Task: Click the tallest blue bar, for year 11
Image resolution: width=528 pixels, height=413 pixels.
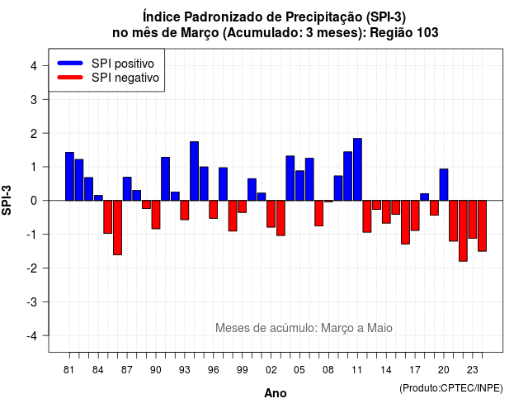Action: pos(357,169)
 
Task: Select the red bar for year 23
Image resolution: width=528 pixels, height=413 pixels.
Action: pos(473,220)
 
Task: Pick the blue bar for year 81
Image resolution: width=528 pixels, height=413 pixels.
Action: pos(69,176)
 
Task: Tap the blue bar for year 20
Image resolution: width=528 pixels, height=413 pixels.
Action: pos(444,185)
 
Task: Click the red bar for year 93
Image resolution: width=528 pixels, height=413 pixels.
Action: pos(185,210)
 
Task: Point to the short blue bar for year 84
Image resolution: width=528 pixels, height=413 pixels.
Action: pos(98,198)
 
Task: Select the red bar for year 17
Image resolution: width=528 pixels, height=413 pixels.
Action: pos(415,216)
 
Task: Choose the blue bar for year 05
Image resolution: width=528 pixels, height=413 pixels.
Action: pos(299,185)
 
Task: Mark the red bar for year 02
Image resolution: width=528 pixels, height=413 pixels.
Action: pos(271,214)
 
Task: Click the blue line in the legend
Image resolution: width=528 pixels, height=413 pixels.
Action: pos(70,63)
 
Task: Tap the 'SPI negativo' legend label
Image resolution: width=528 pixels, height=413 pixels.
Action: pos(125,78)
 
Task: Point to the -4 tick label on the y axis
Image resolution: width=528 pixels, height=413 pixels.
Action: pos(33,336)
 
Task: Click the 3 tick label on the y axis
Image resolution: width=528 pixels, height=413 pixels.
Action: pos(34,99)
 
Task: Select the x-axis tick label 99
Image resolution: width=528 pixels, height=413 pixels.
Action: pos(242,370)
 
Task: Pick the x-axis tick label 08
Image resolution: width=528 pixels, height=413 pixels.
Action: pos(328,370)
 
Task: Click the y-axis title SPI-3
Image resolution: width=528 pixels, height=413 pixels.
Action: pos(7,200)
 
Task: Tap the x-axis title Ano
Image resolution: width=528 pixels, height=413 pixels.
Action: pos(276,393)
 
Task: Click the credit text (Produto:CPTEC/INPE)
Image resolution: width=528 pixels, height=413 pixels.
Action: pos(451,388)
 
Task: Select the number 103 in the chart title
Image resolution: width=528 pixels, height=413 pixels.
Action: pos(427,33)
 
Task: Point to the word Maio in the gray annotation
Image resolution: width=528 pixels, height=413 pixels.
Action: pos(379,328)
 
